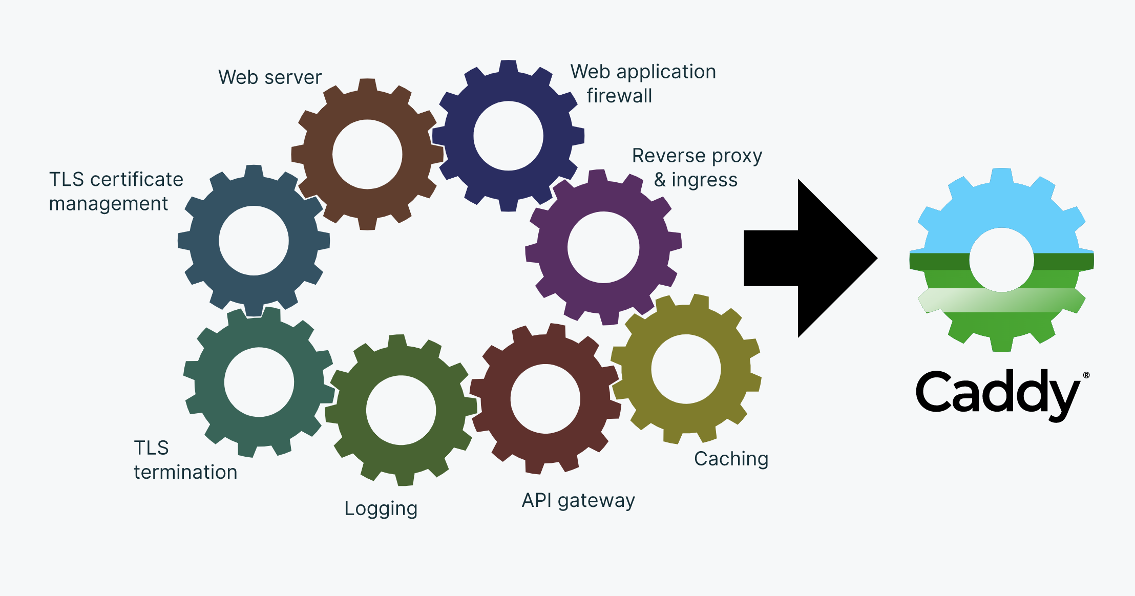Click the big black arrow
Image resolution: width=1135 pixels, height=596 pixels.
point(809,258)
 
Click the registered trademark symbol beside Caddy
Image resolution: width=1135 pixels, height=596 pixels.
point(1086,375)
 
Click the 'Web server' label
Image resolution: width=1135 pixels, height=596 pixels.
point(270,77)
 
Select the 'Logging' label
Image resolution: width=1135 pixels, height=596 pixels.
point(381,508)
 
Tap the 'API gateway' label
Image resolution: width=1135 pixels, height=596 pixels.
point(578,500)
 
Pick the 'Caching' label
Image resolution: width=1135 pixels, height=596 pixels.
point(731,459)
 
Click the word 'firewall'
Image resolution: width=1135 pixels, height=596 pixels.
point(619,96)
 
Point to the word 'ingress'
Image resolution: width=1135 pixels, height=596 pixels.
point(704,180)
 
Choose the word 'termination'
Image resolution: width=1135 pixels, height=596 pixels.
point(185,472)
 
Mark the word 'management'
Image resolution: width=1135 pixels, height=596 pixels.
point(108,204)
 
